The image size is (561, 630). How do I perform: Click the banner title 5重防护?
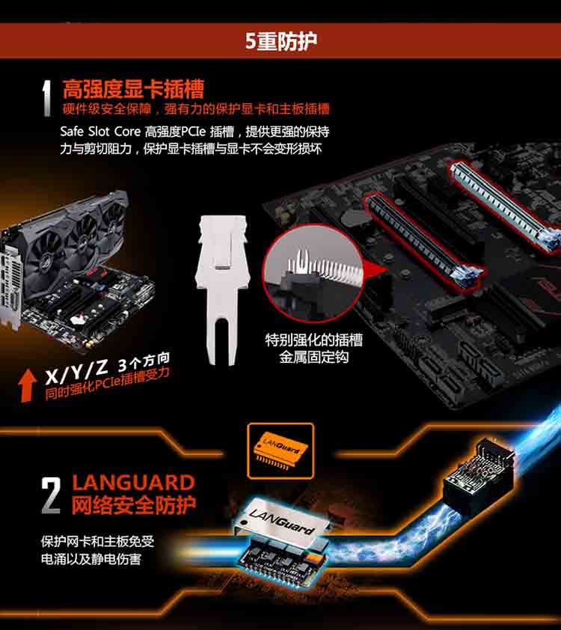coord(280,41)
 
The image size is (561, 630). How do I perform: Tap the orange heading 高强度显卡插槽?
coord(133,89)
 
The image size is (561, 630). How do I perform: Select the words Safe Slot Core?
coord(100,132)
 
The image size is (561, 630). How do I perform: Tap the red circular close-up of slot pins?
coord(313,273)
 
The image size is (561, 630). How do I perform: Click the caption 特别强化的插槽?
coord(313,340)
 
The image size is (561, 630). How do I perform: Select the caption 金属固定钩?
coord(313,357)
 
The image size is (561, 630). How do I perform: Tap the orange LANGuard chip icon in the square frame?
coord(280,450)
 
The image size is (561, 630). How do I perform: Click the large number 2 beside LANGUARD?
coord(51,495)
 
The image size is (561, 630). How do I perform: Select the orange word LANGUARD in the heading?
coord(133,483)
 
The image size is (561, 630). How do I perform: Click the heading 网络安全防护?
coord(134,505)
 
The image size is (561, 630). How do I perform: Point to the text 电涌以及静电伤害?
coord(91,559)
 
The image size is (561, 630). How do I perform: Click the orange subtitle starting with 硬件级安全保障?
coord(196,109)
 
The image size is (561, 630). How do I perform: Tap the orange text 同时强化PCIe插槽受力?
coord(107,385)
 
